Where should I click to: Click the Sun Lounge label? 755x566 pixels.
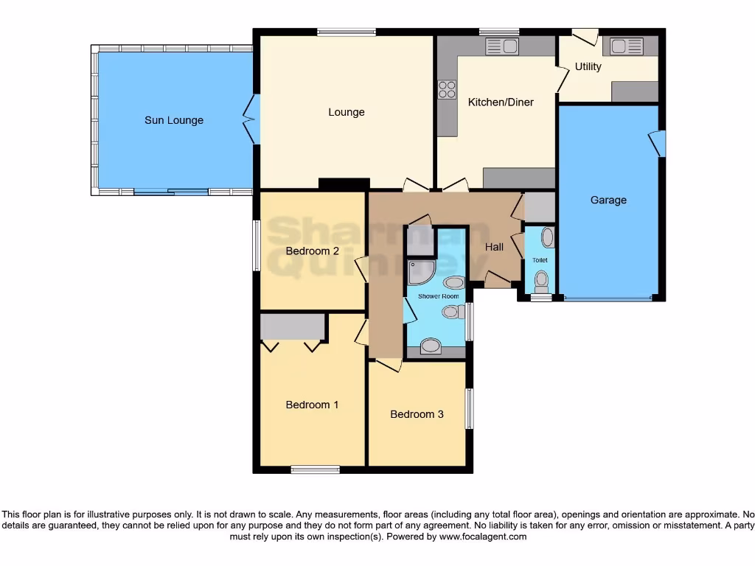click(174, 120)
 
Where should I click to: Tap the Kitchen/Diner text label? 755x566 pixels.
click(501, 102)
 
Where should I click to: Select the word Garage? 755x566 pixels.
click(608, 200)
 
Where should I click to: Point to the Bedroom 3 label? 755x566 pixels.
click(417, 414)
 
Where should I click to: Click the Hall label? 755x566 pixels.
click(494, 247)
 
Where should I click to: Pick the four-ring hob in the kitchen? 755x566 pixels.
click(447, 89)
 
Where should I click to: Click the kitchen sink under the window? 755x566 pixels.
click(502, 46)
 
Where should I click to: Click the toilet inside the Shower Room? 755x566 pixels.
click(450, 312)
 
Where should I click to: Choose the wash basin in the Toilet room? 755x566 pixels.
click(547, 237)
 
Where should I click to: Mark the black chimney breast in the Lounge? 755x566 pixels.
click(344, 184)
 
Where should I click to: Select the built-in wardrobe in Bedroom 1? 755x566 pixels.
click(293, 327)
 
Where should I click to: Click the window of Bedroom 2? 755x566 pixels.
click(256, 245)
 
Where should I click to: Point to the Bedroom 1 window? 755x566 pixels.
click(315, 469)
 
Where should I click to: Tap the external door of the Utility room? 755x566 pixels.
click(585, 35)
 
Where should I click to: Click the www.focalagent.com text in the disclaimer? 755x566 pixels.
click(484, 537)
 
